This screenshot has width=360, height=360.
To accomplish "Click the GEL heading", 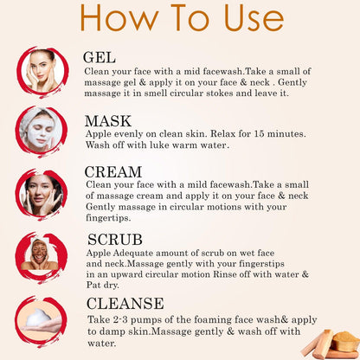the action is pos(100,57).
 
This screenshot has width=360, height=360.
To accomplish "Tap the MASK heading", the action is pos(108,121).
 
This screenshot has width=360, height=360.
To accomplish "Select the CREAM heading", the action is pos(113,172).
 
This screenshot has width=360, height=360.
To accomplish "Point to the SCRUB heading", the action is pos(115,240).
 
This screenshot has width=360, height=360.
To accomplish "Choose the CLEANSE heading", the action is pos(125,303).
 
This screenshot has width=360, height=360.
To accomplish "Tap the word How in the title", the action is pos(119,18).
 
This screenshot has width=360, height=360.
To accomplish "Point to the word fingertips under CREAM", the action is pos(108,218).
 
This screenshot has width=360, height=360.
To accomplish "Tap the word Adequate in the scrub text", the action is pos(133,254).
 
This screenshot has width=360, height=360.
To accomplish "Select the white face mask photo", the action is pos(41,131).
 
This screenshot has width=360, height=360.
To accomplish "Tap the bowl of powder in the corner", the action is pos(344,340).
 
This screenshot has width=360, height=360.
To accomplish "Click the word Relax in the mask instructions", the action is pos(222,134).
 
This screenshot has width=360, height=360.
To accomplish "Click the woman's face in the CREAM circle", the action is pos(40,193).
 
